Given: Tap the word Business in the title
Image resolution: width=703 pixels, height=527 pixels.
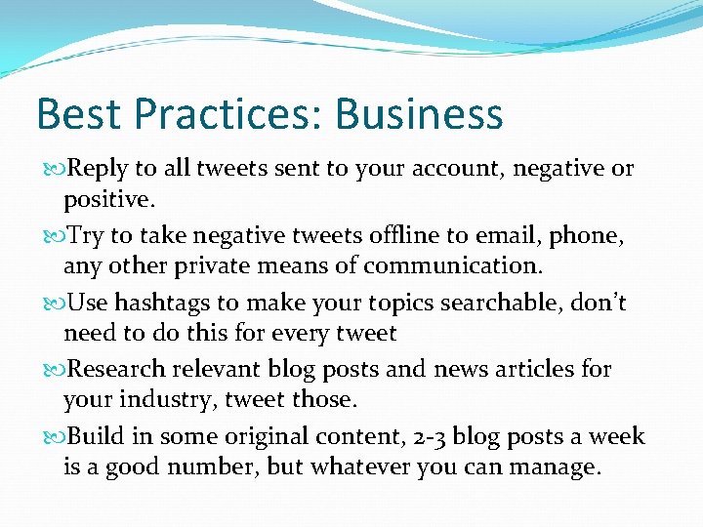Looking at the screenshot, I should click(x=419, y=114).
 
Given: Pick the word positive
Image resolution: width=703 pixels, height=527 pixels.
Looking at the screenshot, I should click(x=108, y=201).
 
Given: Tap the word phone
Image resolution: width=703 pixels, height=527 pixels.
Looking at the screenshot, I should click(x=587, y=235).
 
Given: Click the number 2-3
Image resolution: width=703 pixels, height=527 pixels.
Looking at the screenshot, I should click(x=434, y=435).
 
